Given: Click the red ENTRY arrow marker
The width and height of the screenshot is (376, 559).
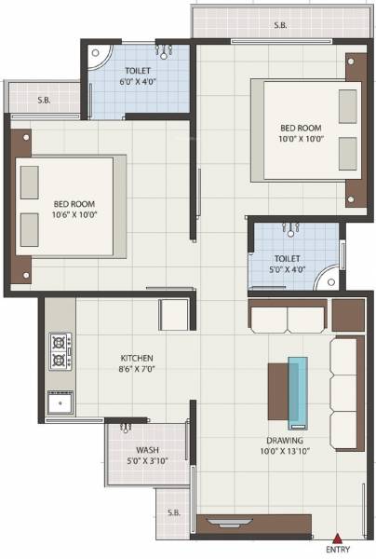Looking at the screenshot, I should click(338, 537).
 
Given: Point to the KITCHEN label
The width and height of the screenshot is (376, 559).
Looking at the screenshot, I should click(137, 358).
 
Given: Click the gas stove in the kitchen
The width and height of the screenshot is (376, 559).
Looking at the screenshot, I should click(59, 350).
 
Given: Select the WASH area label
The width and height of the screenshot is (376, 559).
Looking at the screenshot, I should click(146, 449).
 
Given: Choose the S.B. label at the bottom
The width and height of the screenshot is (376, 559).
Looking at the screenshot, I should click(174, 511).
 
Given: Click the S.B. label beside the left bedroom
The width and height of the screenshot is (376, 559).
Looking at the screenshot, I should click(44, 99).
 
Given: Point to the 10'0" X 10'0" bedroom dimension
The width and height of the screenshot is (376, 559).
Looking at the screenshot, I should click(301, 138).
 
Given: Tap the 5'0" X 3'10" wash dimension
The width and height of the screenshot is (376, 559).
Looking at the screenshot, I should click(146, 461).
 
